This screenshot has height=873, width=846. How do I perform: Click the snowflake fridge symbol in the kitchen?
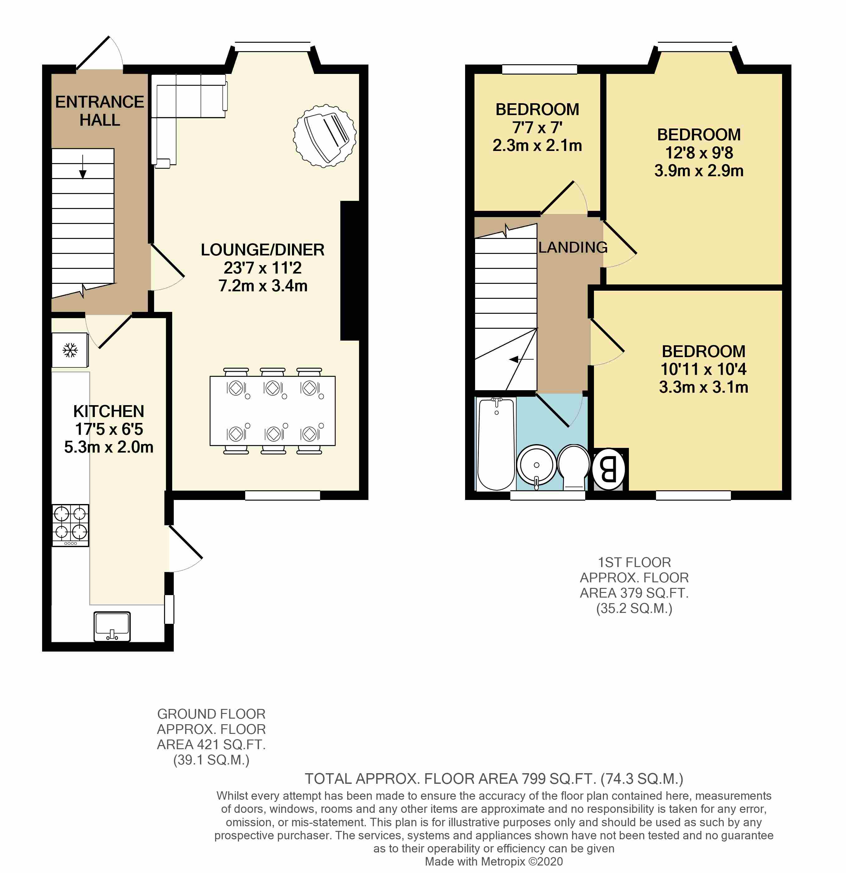[x=70, y=351]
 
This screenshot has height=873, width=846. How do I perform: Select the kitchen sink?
[x=112, y=626]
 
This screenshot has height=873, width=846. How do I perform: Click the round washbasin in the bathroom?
[x=536, y=465]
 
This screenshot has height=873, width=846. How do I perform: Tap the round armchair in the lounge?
[x=325, y=136]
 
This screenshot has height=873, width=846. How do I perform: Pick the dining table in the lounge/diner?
[x=273, y=411]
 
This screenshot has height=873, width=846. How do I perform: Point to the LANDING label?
[x=572, y=247]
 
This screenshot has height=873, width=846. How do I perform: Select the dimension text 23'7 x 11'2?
[x=262, y=268]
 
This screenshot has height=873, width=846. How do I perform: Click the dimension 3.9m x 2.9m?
[x=698, y=171]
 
